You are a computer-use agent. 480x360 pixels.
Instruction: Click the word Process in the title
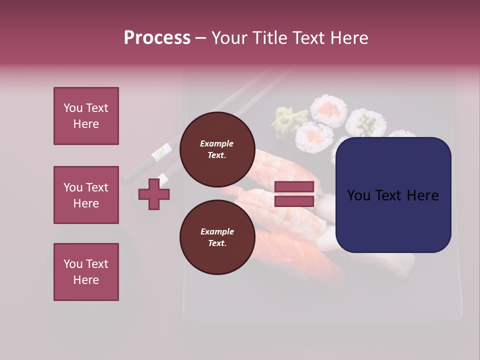click(157, 38)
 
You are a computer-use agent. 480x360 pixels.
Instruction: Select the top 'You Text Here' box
click(86, 116)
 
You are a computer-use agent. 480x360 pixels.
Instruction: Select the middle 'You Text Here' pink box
click(86, 195)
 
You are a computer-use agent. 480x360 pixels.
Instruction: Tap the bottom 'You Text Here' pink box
click(86, 271)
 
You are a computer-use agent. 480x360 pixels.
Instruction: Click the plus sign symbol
click(154, 194)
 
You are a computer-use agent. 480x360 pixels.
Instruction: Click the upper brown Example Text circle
click(217, 149)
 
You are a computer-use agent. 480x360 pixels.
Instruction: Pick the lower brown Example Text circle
click(217, 237)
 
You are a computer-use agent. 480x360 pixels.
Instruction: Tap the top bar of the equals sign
click(294, 187)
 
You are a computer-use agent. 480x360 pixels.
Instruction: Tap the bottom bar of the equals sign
click(294, 201)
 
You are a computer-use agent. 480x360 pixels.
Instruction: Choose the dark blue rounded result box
click(393, 195)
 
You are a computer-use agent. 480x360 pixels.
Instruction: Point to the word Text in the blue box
click(391, 195)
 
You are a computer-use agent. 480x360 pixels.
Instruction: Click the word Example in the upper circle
click(217, 143)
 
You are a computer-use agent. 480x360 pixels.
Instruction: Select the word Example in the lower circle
click(217, 231)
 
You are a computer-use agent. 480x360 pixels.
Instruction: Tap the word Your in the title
click(228, 38)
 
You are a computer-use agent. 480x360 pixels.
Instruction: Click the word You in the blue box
click(359, 195)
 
